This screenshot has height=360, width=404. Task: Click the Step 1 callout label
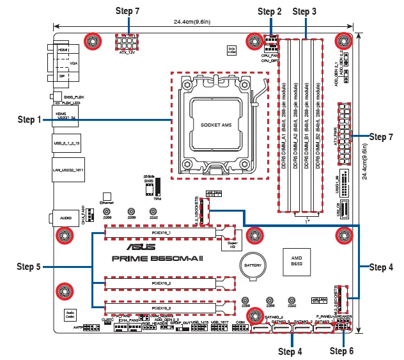[29, 120]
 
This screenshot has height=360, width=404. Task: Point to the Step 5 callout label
[29, 265]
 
